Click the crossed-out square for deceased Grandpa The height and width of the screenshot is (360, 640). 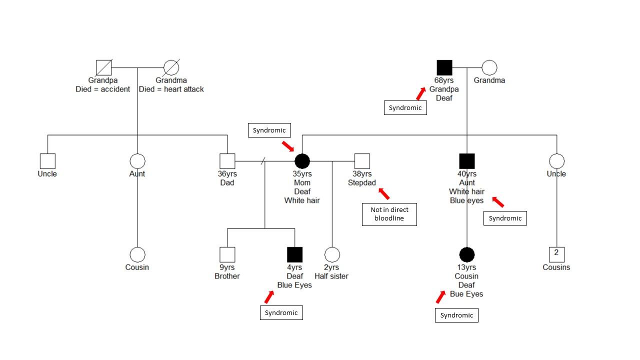104,67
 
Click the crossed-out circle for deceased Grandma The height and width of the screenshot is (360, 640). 171,67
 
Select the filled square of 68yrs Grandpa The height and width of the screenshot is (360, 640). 444,67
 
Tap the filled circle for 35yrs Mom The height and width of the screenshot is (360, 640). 302,161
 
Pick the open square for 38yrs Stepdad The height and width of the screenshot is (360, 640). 362,161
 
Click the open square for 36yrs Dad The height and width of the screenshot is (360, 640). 227,161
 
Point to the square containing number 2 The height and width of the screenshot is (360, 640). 556,254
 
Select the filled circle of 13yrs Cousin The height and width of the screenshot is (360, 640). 466,254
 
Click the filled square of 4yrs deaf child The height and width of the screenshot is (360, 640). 294,254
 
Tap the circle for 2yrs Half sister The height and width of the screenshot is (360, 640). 332,254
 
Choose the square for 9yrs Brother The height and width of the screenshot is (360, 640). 227,254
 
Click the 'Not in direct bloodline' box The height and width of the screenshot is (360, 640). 389,214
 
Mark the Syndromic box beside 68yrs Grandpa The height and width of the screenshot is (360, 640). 405,107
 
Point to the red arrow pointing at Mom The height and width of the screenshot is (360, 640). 288,146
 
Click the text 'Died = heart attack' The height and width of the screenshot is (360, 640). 171,89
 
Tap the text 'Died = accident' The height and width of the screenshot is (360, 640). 102,89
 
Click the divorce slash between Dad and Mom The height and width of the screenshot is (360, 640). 263,161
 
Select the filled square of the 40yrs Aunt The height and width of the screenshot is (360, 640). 467,161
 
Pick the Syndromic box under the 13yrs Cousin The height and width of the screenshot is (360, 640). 456,315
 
